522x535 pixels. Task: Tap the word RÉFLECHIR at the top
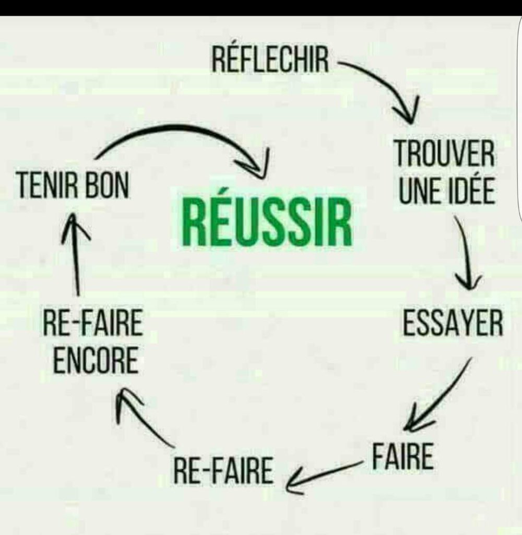[x=270, y=61]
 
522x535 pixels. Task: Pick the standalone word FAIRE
[x=402, y=457]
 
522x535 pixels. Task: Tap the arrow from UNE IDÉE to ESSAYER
[x=465, y=256]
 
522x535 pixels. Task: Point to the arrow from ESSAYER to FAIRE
[x=438, y=397]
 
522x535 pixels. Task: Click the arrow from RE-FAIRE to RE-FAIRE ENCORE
[x=144, y=418]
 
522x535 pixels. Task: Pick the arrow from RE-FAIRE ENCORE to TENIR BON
[x=76, y=256]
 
